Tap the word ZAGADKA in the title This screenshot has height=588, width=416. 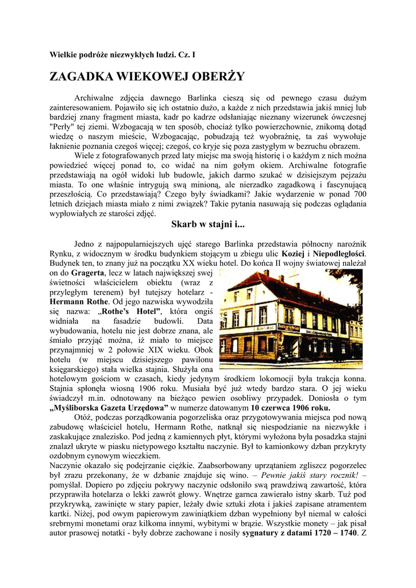82,77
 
